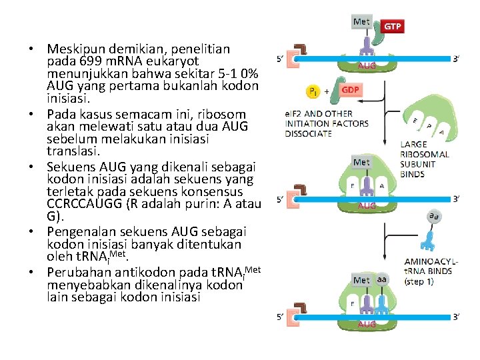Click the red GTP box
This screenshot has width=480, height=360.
(393, 26)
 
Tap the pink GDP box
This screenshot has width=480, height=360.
(351, 90)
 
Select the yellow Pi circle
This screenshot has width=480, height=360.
(312, 91)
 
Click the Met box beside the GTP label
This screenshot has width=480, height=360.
(361, 22)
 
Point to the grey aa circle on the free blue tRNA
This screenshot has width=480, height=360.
(433, 217)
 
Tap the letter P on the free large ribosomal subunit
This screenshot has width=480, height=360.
(427, 126)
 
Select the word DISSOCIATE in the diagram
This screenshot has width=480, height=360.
(308, 133)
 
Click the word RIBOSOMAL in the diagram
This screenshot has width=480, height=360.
(425, 154)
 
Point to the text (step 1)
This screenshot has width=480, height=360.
(420, 281)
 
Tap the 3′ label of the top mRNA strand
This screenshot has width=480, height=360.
(457, 58)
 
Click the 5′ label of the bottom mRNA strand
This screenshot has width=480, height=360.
(281, 317)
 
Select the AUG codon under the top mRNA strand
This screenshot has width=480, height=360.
(367, 66)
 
